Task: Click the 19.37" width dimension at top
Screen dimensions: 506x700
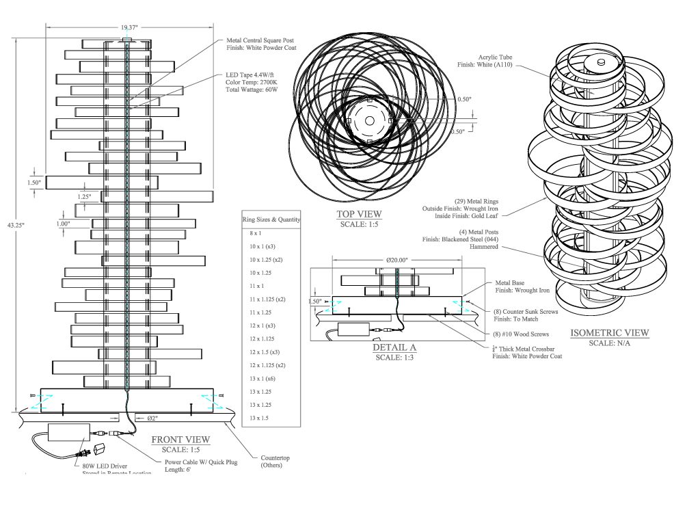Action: (129, 27)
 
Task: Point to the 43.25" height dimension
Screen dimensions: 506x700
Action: (8, 224)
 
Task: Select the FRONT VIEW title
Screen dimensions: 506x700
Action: (180, 440)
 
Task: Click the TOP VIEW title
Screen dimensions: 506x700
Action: (360, 214)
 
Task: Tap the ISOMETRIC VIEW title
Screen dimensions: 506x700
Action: (610, 333)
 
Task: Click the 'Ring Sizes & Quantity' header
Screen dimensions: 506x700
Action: (271, 219)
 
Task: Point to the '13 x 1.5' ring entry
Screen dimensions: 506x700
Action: (260, 417)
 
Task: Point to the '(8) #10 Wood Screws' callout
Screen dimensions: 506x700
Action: (521, 334)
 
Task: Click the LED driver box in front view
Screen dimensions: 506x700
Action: (68, 434)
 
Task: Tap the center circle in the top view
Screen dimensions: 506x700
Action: (369, 120)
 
